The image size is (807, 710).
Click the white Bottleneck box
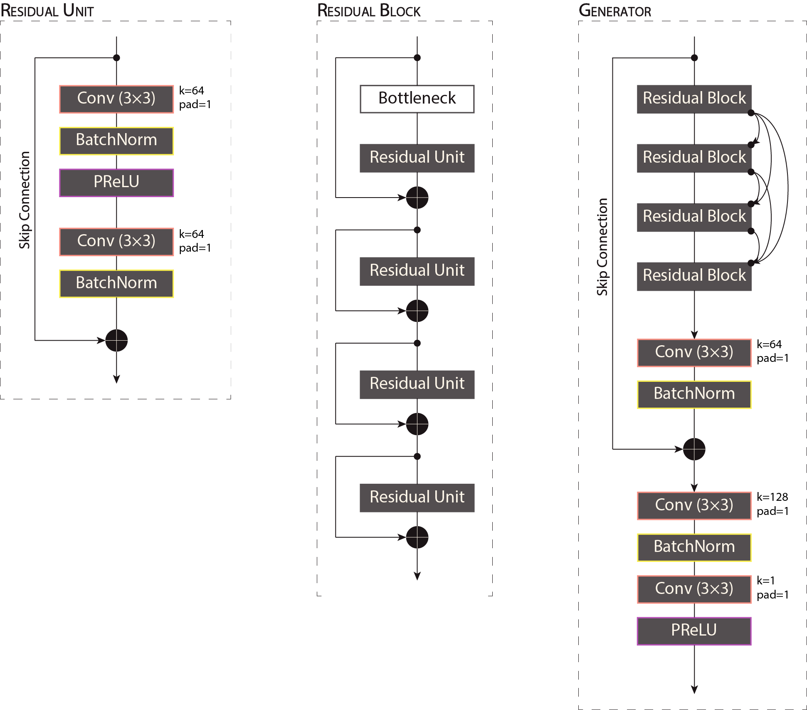click(x=417, y=99)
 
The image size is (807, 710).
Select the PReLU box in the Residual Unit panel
click(x=116, y=182)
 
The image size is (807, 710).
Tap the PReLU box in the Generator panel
click(x=694, y=631)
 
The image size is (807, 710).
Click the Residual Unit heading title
click(x=47, y=11)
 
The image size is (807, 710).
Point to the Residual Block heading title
click(x=369, y=11)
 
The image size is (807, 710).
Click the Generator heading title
click(x=615, y=11)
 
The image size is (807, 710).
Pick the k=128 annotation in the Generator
click(x=772, y=497)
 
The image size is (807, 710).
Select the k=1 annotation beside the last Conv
click(x=765, y=581)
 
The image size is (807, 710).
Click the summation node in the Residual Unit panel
click(x=116, y=340)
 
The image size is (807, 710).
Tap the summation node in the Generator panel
click(x=694, y=449)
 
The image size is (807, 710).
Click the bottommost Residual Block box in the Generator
click(x=694, y=276)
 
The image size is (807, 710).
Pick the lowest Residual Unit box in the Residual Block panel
click(x=417, y=497)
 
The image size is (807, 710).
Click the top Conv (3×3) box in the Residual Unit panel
click(x=116, y=99)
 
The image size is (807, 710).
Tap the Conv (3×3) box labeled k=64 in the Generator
click(x=694, y=352)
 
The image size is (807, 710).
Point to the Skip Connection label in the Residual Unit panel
click(x=25, y=200)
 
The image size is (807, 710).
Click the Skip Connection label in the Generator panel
click(x=602, y=247)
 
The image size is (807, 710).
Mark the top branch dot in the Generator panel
click(x=694, y=58)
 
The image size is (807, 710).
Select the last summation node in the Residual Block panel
click(x=417, y=537)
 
